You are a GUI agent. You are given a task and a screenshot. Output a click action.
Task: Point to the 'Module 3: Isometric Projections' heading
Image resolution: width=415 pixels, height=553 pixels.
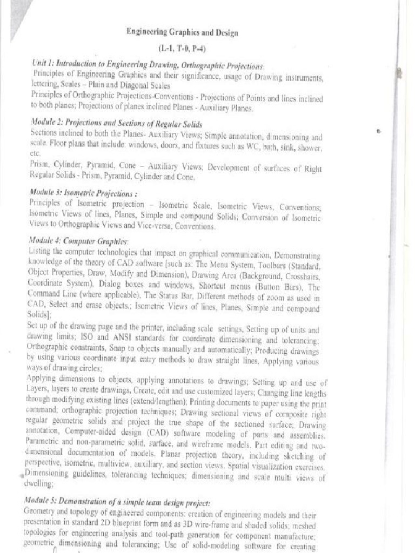(81, 193)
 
